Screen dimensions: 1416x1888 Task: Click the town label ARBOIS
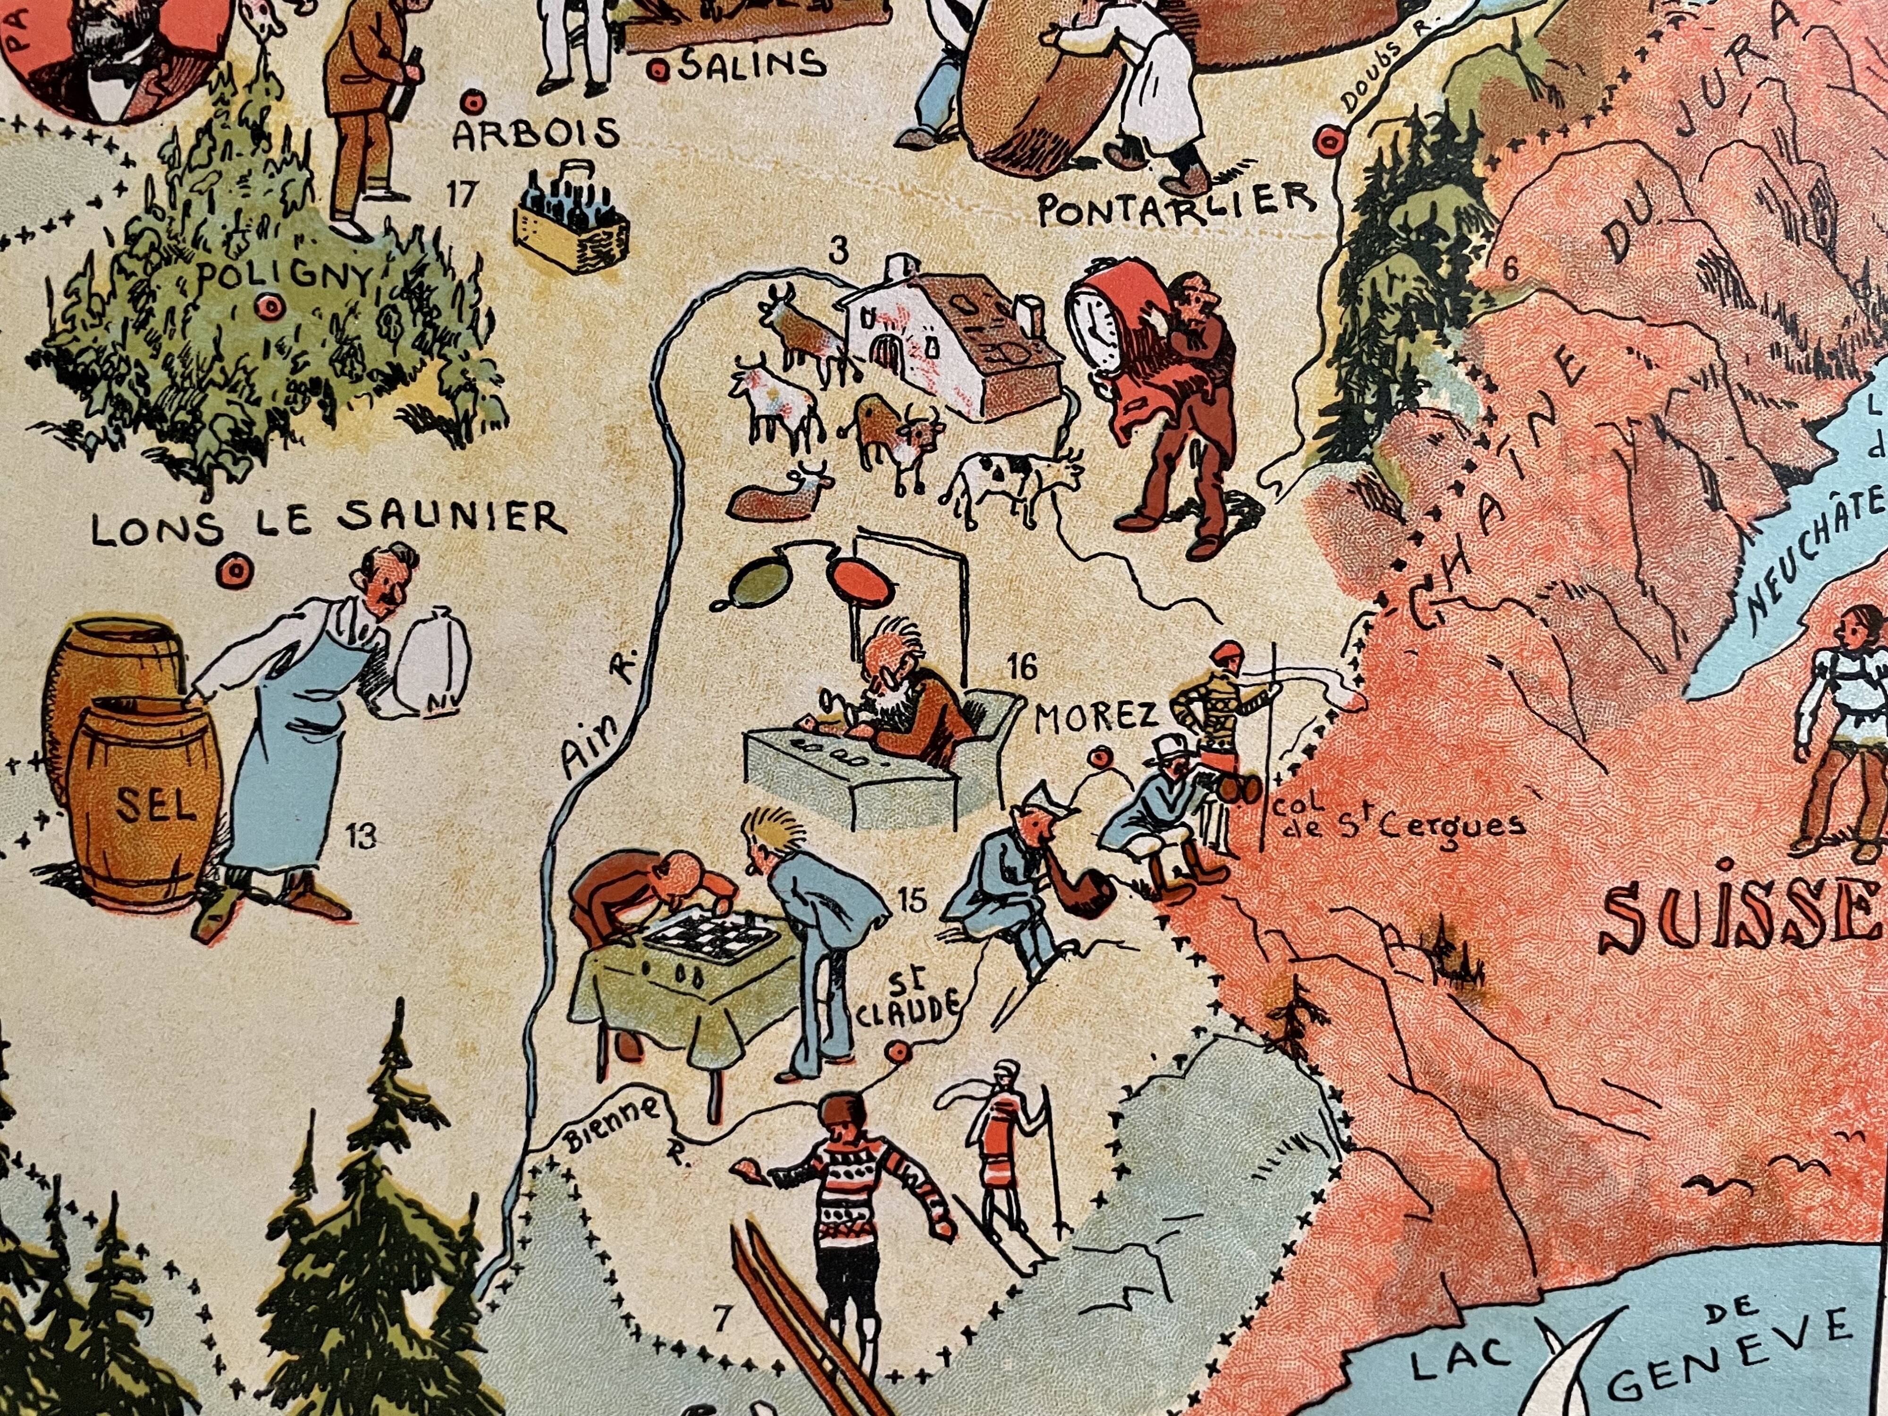click(536, 135)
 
